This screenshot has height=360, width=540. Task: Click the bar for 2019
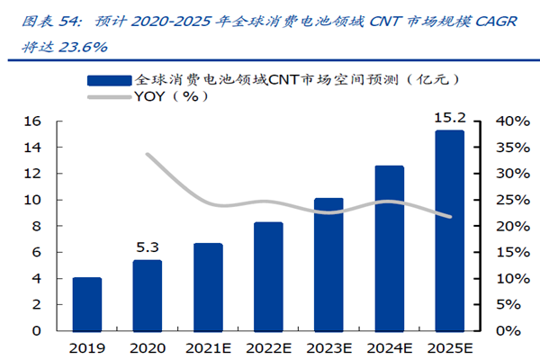pos(86,304)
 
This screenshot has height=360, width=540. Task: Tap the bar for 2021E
pos(208,286)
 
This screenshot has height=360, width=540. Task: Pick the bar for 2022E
pos(268,276)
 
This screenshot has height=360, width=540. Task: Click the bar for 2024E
pos(389,247)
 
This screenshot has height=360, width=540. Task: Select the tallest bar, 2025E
pos(449,230)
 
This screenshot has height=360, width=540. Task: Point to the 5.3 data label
pos(148,246)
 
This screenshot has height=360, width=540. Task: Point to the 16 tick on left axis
pos(32,121)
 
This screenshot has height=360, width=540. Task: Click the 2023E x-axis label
pos(328,346)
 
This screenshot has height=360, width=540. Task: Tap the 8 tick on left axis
pos(37,226)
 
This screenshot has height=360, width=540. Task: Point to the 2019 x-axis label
pos(86,346)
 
